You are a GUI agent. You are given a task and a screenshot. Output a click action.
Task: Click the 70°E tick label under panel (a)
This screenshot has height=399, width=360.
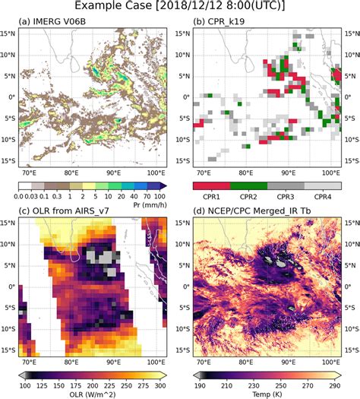point(30,175)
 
